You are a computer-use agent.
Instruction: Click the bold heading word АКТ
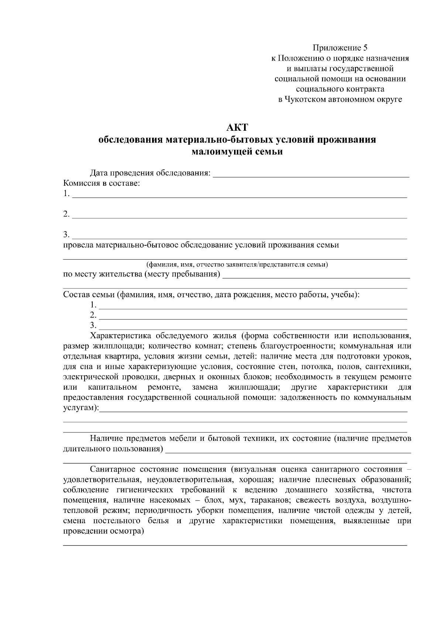[x=237, y=128]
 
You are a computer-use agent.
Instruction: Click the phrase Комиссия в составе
[x=102, y=183]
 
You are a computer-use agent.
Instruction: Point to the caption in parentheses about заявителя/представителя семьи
[x=237, y=264]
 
